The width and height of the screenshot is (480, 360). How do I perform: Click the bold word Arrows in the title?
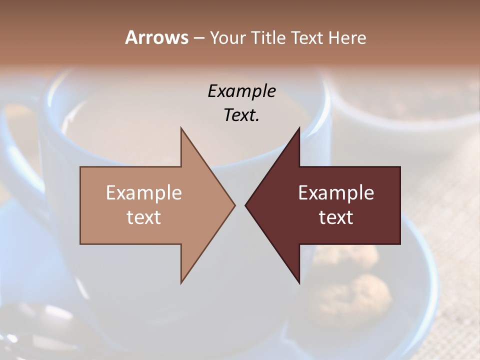click(156, 37)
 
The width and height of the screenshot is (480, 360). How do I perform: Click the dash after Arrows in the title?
click(198, 38)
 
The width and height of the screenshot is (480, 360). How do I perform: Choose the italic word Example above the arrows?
click(241, 91)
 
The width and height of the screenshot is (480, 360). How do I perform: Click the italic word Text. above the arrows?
click(241, 115)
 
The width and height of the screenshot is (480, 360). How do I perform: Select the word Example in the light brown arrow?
click(144, 193)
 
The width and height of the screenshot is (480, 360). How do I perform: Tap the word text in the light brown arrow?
click(144, 217)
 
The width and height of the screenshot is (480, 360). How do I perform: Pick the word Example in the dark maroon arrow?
click(336, 193)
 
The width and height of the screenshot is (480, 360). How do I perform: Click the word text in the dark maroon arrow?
click(336, 217)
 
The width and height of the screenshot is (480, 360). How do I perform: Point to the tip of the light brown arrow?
click(234, 205)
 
